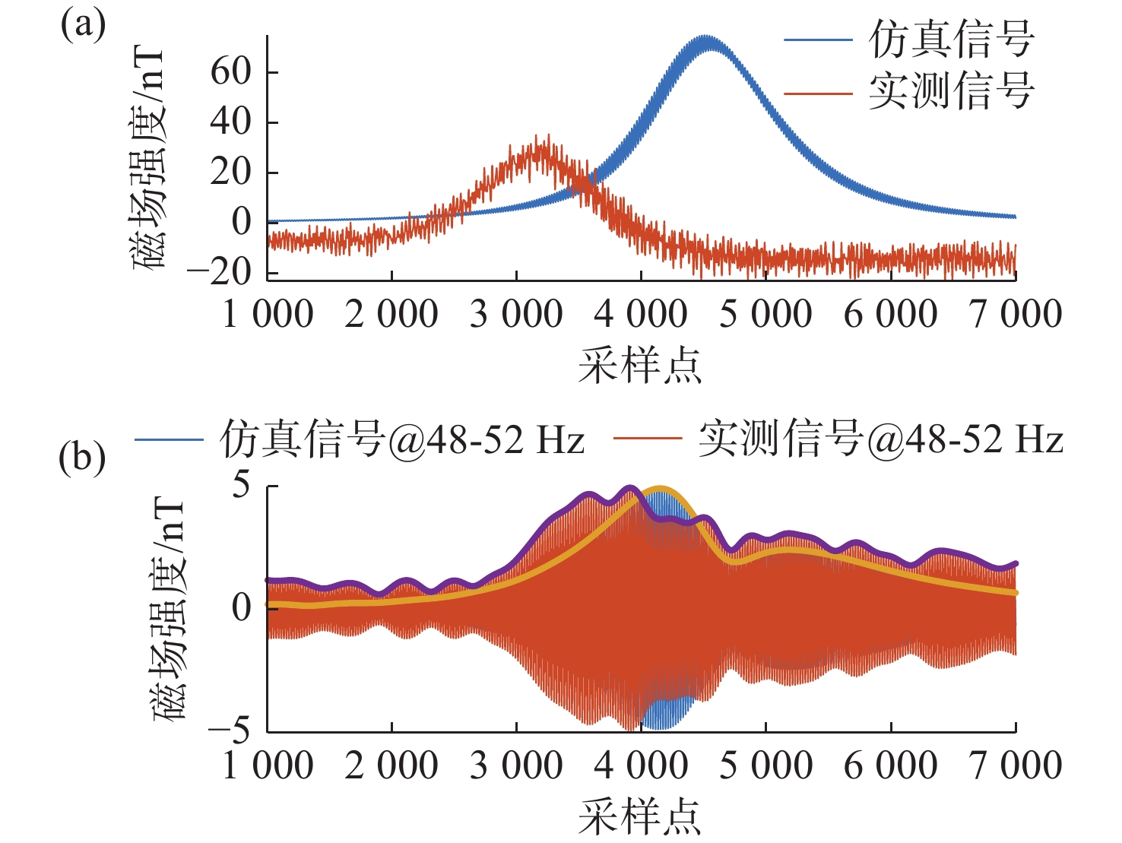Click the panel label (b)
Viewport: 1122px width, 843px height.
(82, 458)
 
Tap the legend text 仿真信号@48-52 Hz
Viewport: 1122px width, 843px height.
(402, 439)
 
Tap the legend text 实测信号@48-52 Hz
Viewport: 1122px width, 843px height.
(880, 439)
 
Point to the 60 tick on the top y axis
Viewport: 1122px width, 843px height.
(231, 72)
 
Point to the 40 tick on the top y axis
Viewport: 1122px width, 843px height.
(231, 122)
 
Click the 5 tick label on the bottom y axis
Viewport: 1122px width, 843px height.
(242, 485)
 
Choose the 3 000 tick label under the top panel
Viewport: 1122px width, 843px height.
(516, 315)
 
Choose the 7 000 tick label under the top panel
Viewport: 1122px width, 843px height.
(1016, 315)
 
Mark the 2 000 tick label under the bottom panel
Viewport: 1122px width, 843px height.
(391, 765)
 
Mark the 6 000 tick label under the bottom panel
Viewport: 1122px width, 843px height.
(891, 765)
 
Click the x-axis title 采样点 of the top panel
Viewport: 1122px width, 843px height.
(640, 366)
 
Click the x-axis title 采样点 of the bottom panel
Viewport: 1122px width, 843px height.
(640, 817)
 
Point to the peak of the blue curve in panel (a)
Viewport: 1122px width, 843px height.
(708, 38)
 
